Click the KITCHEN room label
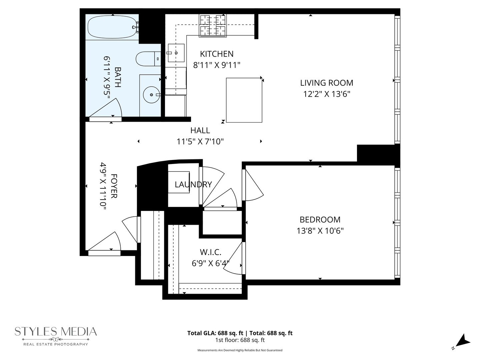[x=217, y=54]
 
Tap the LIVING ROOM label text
[x=326, y=83]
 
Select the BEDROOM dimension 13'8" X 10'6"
[x=320, y=231]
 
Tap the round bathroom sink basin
[x=151, y=95]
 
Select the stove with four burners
[x=213, y=25]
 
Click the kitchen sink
[x=176, y=53]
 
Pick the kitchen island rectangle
[x=244, y=100]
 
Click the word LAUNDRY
[x=193, y=184]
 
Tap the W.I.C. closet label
[x=210, y=252]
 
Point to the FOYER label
[x=114, y=186]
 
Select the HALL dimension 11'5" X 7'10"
[x=200, y=142]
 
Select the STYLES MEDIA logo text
[x=56, y=331]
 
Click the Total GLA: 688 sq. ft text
[x=215, y=333]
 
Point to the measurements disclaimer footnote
[x=240, y=350]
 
